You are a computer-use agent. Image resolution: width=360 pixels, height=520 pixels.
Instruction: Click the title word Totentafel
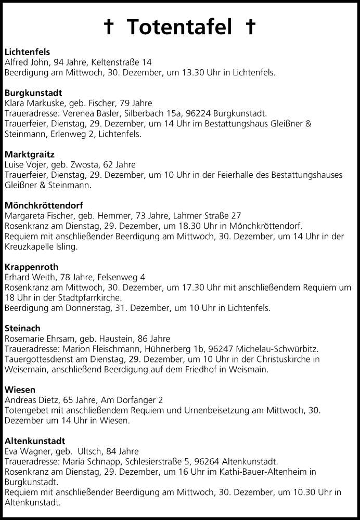pos(179,28)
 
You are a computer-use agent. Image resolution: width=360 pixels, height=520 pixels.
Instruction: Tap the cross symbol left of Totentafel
pos(109,28)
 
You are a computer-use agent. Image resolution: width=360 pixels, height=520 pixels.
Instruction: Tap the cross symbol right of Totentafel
pos(250,28)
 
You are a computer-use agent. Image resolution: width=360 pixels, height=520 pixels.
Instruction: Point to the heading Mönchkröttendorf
pos(44,205)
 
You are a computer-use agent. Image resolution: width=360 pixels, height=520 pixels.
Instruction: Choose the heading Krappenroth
pos(31,267)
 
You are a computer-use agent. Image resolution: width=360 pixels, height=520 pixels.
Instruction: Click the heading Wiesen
pos(19,389)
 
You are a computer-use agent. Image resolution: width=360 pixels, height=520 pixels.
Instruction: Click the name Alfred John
pos(25,62)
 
